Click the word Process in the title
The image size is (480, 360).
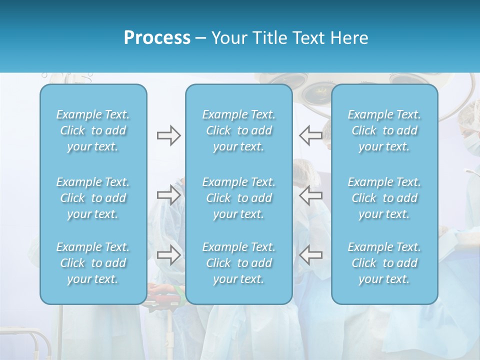coord(157,38)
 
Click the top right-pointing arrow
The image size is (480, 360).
coord(168,135)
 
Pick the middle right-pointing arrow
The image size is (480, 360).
coord(168,194)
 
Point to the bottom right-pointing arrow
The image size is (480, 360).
coord(168,255)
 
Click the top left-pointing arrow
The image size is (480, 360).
coord(310,135)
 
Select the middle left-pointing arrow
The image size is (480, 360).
coord(310,194)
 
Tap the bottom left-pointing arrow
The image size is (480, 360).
coord(310,255)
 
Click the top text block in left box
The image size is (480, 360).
coord(93,130)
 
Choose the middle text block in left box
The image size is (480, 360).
coord(93,198)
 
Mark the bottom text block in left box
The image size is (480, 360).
coord(93,263)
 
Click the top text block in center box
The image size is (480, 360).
coord(239,130)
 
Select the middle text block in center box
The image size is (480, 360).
coord(239,198)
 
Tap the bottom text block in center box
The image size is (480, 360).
coord(239,263)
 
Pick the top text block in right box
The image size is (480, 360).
coord(384,130)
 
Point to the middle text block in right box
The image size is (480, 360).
coord(384,198)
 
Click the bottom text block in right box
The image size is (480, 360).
coord(384,263)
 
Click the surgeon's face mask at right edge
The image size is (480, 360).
coord(471,143)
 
